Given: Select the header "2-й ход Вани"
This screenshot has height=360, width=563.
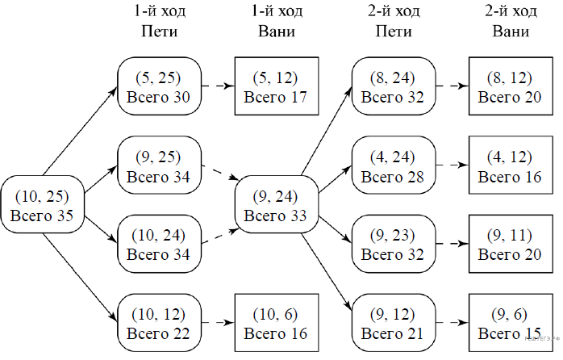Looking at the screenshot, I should [x=511, y=22].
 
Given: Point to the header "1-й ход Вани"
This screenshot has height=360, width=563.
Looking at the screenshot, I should [x=275, y=22].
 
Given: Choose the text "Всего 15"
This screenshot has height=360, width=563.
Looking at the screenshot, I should [x=511, y=332].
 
